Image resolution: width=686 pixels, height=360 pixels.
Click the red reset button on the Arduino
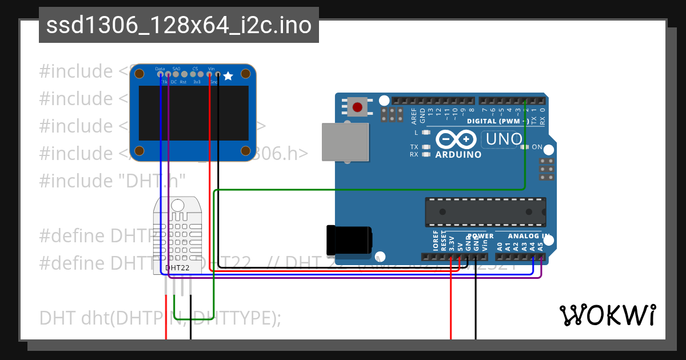coord(358,107)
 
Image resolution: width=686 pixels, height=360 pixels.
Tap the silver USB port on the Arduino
coord(345,142)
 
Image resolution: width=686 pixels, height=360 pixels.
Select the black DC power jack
coord(349,240)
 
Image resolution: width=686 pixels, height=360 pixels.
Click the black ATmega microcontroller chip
coord(485,211)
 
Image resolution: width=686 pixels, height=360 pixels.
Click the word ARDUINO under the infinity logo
coord(458,154)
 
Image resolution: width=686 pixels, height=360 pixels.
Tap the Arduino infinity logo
coord(456,139)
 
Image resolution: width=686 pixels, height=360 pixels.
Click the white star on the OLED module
coord(228,76)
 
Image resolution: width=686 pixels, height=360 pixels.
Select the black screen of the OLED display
coord(194,113)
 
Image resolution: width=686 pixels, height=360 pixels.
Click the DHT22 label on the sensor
coord(177,267)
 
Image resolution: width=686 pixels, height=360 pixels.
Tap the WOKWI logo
coord(607,315)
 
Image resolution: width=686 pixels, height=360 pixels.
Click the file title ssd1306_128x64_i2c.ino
coord(179,25)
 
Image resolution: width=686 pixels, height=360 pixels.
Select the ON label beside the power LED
coord(537,147)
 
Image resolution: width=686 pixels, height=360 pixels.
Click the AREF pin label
coord(414,116)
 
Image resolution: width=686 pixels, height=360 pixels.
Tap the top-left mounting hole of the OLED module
coord(140,74)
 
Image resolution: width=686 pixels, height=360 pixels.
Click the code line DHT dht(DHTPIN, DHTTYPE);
coord(160,318)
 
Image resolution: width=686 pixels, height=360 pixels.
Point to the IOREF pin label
coord(436,244)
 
